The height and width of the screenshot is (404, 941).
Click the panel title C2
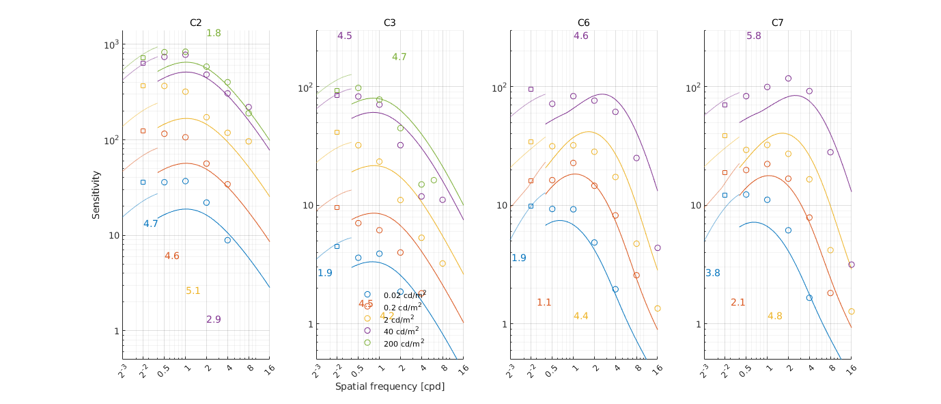pyautogui.click(x=195, y=23)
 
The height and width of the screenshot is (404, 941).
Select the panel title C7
pyautogui.click(x=777, y=23)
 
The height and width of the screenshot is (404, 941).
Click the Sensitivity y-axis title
pyautogui.click(x=96, y=195)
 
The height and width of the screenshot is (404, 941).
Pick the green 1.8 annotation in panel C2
pyautogui.click(x=214, y=33)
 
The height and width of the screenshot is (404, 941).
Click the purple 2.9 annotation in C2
pyautogui.click(x=214, y=319)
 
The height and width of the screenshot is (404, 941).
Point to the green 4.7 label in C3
pyautogui.click(x=399, y=57)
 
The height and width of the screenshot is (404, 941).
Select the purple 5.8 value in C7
pyautogui.click(x=754, y=36)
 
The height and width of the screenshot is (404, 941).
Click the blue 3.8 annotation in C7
pyautogui.click(x=713, y=273)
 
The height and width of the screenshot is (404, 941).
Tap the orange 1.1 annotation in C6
pyautogui.click(x=544, y=302)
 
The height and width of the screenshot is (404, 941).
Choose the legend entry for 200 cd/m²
pyautogui.click(x=404, y=342)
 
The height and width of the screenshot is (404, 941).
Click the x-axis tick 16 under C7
pyautogui.click(x=851, y=368)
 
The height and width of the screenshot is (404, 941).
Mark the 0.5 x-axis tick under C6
pyautogui.click(x=550, y=369)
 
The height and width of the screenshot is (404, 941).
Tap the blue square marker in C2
pyautogui.click(x=143, y=182)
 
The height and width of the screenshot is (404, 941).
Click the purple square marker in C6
pyautogui.click(x=531, y=89)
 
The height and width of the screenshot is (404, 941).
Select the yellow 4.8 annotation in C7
pyautogui.click(x=774, y=316)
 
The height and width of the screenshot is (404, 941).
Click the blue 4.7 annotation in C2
pyautogui.click(x=151, y=224)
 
